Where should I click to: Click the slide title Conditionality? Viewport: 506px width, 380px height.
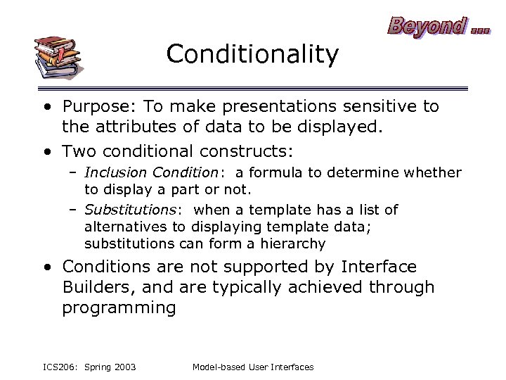tap(252, 53)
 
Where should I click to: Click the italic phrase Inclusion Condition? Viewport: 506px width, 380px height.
tap(151, 172)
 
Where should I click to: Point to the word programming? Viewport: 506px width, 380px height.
tap(119, 308)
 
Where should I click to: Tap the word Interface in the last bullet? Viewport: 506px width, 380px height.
tap(378, 267)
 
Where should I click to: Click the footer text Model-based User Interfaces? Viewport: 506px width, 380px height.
tap(252, 367)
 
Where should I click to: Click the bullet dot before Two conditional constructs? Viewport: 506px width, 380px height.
tap(46, 151)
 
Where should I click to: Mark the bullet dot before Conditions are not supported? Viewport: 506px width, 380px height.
tap(46, 267)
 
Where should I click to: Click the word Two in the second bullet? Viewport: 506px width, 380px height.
tap(78, 151)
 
